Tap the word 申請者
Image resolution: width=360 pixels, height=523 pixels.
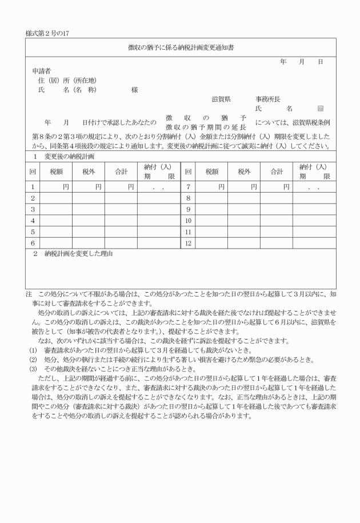[x=42, y=71]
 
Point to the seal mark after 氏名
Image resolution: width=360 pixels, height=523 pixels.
[x=320, y=108]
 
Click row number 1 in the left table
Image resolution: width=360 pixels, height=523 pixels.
[x=33, y=187]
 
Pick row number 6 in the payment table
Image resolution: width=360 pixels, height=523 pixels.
[x=33, y=243]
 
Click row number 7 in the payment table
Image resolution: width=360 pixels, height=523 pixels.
[x=187, y=187]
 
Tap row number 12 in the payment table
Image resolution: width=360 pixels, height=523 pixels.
[x=187, y=243]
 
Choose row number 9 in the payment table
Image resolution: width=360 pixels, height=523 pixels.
[x=187, y=209]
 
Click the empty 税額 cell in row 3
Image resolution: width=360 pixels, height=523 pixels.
[x=56, y=209]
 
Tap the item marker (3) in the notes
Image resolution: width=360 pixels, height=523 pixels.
[x=33, y=370]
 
